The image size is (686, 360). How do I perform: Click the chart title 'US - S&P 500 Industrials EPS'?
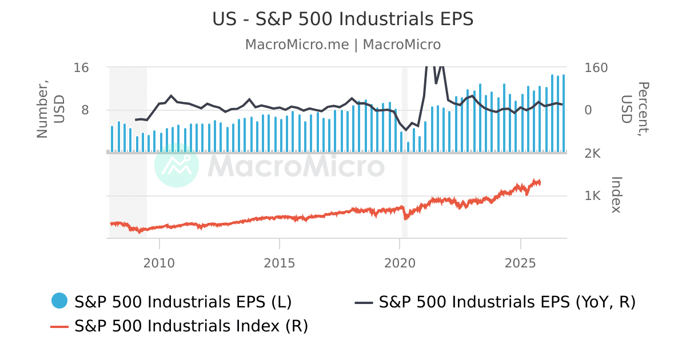[x=342, y=19]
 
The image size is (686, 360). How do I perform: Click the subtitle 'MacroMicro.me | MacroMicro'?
[x=342, y=45]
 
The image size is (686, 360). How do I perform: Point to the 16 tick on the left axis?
[x=81, y=67]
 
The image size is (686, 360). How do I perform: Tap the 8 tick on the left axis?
[x=85, y=110]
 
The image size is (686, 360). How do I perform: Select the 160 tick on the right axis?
[x=596, y=67]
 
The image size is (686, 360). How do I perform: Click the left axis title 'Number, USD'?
[x=51, y=110]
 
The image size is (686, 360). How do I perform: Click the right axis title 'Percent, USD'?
[x=634, y=110]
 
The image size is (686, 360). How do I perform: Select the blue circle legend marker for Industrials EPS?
[x=59, y=301]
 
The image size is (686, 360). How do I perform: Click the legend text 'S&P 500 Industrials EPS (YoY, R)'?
[x=507, y=302]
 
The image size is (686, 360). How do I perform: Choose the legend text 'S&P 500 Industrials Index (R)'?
[x=192, y=326]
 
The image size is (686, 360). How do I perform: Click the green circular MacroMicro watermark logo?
[x=177, y=165]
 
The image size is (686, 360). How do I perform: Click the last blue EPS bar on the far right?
[x=564, y=113]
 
